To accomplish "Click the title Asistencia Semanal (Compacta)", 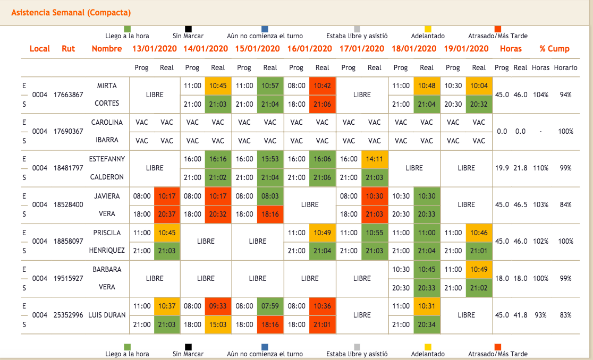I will pos(71,13).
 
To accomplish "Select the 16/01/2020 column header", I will pos(309,49).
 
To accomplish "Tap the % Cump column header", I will pos(554,49).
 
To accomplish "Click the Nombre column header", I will pos(107,49).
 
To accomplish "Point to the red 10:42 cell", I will pos(323,85).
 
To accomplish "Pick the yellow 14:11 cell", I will pos(375,159).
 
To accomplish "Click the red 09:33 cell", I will pos(218,306).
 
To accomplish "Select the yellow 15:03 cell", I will pos(218,324).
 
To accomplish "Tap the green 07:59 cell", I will pos(270,306).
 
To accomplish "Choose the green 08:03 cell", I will pos(270,196).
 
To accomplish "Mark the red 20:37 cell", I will pos(167,214).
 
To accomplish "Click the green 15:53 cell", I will pos(270,159).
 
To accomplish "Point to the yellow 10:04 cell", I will pos(479,85).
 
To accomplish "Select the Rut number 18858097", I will pos(69,241).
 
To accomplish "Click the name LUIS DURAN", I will pos(107,315).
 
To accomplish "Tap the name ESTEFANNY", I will pos(107,159).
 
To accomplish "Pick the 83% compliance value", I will pos(565,315).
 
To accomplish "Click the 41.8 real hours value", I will pos(521,315).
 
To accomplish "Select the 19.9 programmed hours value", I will pos(502,168).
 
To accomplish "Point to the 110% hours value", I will pos(541,168).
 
